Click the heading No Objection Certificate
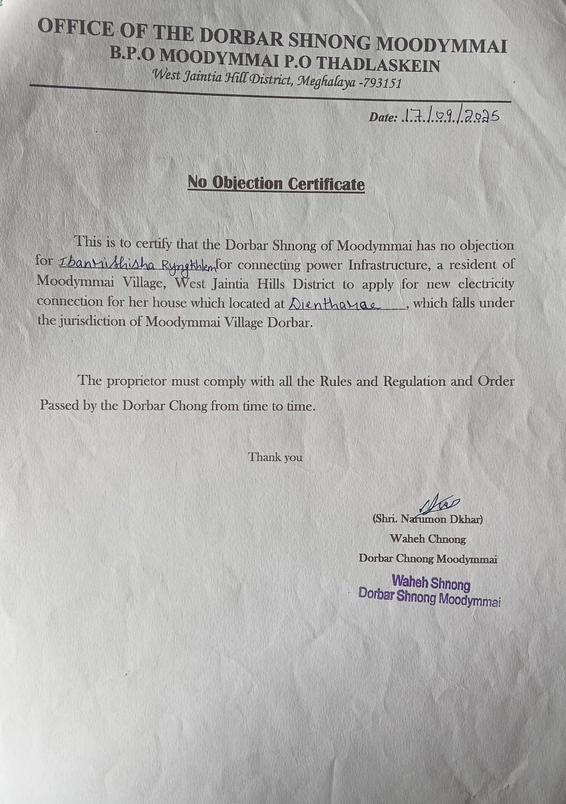(x=276, y=183)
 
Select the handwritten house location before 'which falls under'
(x=335, y=304)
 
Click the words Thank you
(x=275, y=457)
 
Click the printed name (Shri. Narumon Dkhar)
(x=427, y=519)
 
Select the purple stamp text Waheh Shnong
(x=431, y=583)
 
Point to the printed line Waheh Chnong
(x=427, y=539)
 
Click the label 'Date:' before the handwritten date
(x=383, y=117)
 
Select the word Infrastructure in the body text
(x=389, y=265)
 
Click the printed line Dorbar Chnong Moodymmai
(x=427, y=559)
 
